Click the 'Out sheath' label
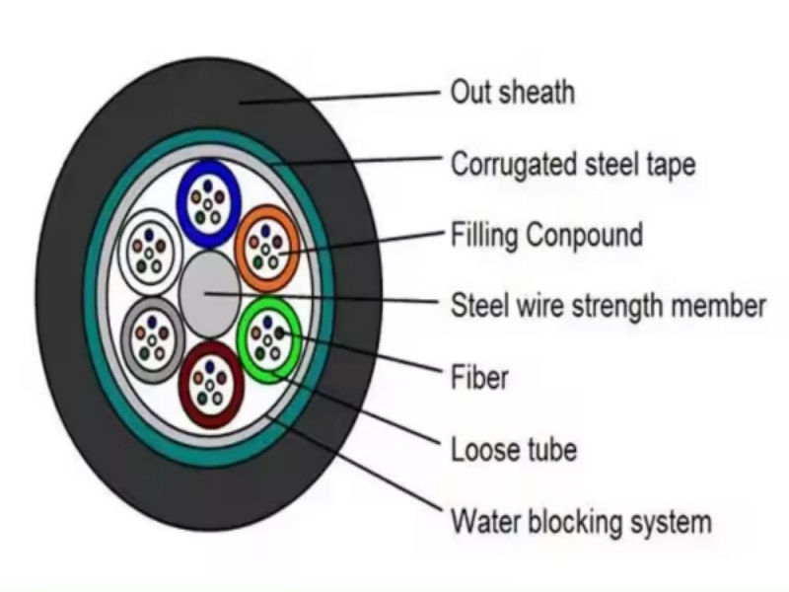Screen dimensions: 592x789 click(x=512, y=93)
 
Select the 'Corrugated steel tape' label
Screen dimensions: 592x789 click(x=572, y=164)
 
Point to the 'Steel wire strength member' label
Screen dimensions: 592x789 click(x=608, y=305)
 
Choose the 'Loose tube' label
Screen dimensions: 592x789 click(x=513, y=450)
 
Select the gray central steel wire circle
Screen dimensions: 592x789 click(x=209, y=287)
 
